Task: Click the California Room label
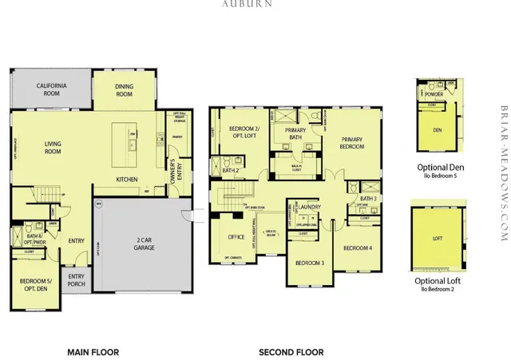pos(53,89)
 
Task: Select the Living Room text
pos(53,147)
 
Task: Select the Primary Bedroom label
pos(348,142)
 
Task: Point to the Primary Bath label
pos(296,136)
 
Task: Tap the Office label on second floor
pos(236,237)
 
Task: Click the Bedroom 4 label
pos(358,248)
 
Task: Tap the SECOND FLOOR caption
pos(291,352)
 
